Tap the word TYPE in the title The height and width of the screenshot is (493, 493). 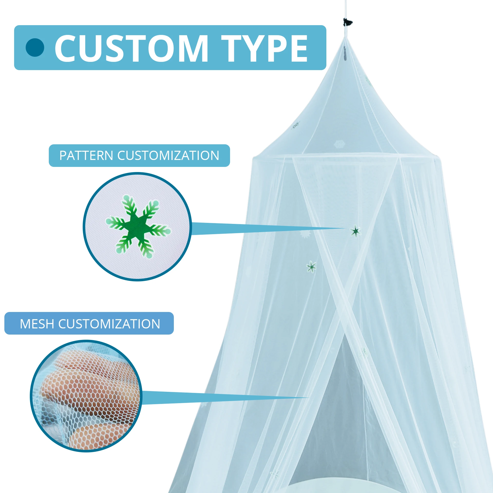tap(264, 48)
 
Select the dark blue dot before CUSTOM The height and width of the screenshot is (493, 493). tap(35, 48)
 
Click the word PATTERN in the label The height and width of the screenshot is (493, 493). tap(86, 156)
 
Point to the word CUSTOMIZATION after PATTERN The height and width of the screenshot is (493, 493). tap(168, 156)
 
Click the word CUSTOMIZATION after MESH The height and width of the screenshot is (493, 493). tap(109, 324)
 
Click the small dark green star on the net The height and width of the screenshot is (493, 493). tap(356, 231)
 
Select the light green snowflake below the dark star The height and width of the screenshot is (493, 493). tap(311, 267)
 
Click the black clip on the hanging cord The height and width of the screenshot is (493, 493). tap(348, 22)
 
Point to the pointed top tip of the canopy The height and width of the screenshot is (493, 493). tap(345, 38)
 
